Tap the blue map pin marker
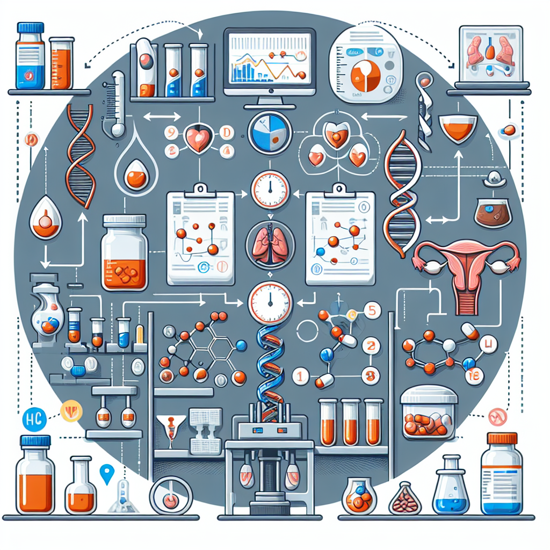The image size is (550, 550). pos(107,473)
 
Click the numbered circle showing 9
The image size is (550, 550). pos(170,131)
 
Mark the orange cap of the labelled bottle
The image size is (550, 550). pos(502,438)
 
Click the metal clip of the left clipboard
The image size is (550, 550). pos(201,189)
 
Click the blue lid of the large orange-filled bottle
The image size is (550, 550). pos(35,441)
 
